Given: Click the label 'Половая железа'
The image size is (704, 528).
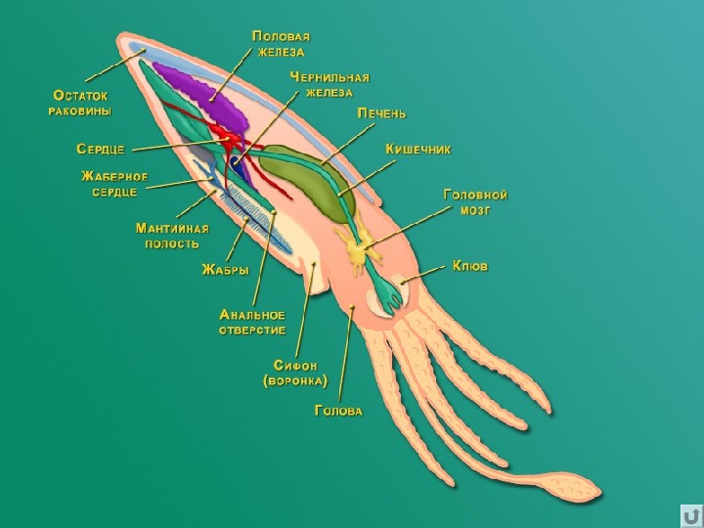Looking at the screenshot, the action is pos(281,44).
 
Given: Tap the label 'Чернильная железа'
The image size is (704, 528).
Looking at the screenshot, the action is pos(330,85).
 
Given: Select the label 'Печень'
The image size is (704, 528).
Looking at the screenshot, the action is pos(381,113).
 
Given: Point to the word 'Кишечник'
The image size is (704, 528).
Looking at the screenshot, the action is pos(418,149).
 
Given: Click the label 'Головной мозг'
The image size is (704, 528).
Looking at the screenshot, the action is pos(475,202).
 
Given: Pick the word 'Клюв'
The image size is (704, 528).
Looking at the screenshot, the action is pos(470,266).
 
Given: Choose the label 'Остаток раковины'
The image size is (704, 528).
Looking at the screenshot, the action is pos(80,103).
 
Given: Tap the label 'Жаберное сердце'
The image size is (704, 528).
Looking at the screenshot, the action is pos(114,184).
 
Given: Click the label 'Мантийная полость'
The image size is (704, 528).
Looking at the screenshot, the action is pos(172,237).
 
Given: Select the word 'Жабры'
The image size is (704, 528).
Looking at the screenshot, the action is pos(226,270).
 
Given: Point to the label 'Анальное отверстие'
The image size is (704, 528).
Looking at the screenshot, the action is pos(252,323).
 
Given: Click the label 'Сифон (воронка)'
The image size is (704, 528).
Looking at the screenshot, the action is pos(295,374).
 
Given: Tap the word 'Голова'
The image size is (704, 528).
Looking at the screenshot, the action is pos(338,411).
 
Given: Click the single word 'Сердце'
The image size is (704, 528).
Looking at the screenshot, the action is pos(101,149).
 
